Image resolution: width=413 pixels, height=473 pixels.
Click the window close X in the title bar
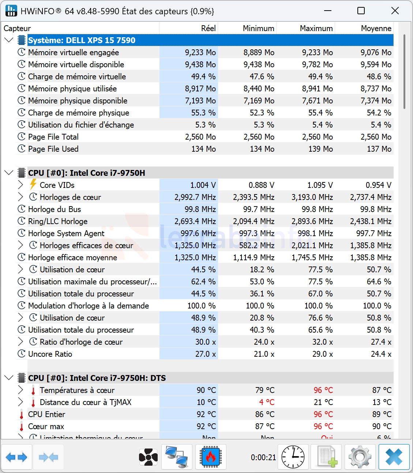(395, 11)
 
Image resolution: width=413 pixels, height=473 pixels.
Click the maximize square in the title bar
(361, 11)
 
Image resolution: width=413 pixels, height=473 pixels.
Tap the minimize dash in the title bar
(328, 11)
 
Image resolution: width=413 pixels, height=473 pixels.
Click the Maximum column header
(316, 28)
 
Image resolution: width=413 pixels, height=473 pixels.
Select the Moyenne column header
(376, 28)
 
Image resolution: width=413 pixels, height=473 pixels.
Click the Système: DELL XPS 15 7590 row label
(82, 40)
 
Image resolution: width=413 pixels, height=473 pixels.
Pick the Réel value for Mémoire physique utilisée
(200, 88)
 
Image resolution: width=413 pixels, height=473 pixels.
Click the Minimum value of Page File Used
(262, 149)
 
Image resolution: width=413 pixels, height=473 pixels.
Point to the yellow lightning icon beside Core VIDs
(33, 185)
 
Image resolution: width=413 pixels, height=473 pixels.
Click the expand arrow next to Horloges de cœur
(20, 197)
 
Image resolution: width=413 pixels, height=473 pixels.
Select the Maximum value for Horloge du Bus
(317, 209)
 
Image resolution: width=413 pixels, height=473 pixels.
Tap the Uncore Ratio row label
(50, 354)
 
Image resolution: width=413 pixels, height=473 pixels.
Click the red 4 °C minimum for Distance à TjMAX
(267, 402)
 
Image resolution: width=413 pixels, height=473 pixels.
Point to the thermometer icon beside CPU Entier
(22, 415)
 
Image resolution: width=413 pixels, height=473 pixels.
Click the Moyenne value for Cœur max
(382, 426)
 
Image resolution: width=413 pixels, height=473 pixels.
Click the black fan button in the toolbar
(148, 457)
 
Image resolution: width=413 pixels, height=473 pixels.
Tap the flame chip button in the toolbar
(211, 457)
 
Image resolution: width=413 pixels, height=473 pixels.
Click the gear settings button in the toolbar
(360, 457)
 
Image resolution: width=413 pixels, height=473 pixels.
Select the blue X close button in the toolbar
(394, 457)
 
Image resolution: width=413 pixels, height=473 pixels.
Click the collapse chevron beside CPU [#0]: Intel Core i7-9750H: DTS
(9, 378)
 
